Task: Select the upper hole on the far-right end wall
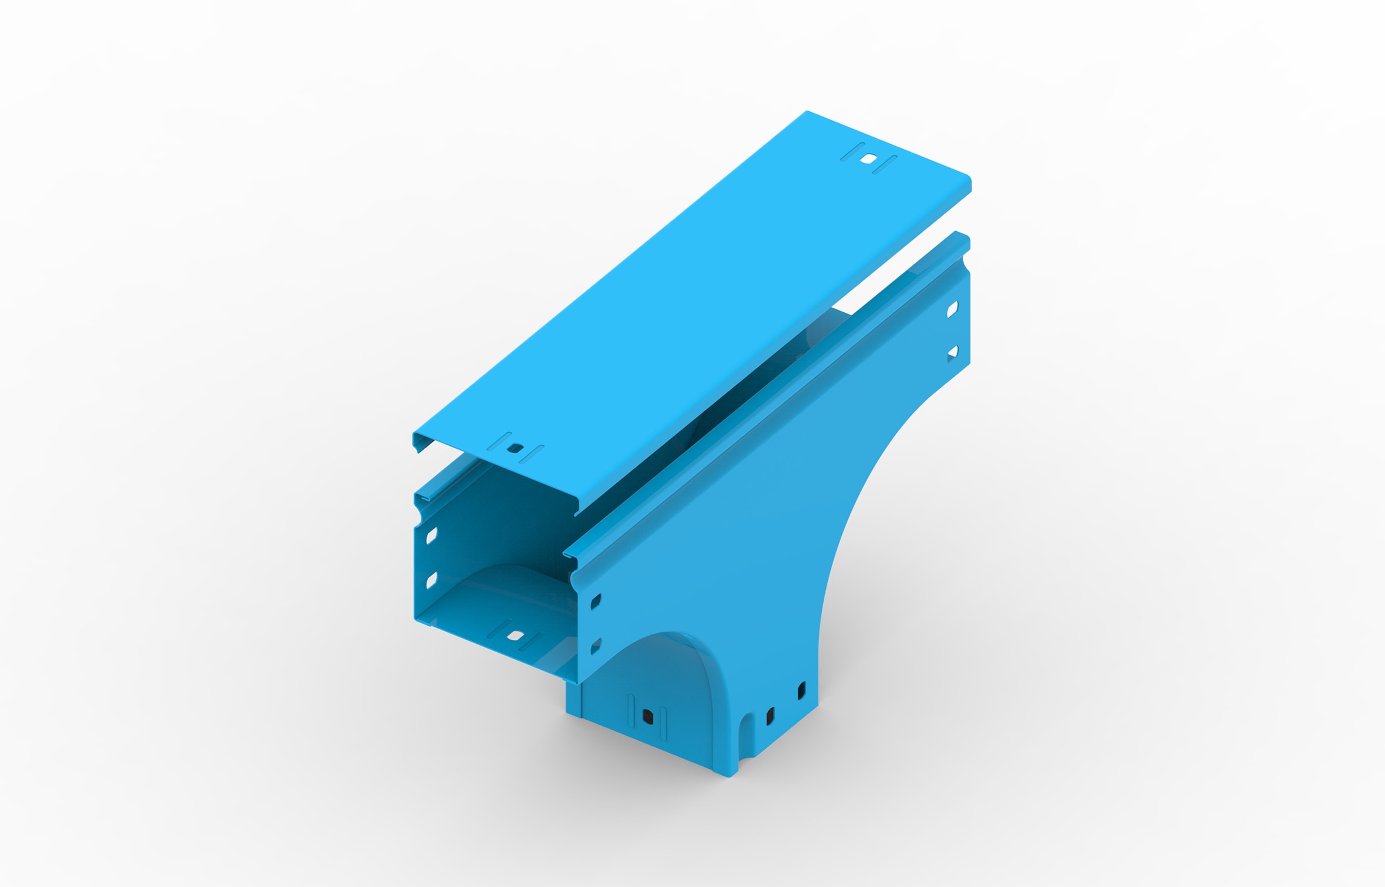952,309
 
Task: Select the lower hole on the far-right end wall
952,353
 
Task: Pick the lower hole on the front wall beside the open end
596,646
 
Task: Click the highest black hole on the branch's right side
802,690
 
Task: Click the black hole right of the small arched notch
770,717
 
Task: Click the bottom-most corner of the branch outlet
729,775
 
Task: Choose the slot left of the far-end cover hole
852,152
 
